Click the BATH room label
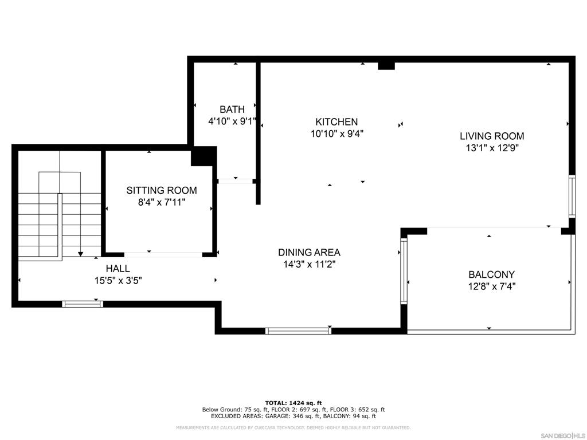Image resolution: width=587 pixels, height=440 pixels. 232,109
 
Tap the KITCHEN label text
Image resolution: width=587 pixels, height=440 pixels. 336,121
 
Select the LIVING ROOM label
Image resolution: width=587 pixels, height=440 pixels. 492,136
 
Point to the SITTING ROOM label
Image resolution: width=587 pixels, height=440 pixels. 162,190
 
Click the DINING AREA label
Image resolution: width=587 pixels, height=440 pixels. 309,252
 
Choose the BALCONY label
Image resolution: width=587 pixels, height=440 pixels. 491,274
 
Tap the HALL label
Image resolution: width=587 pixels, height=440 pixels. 118,268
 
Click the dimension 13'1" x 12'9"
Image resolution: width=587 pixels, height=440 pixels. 492,148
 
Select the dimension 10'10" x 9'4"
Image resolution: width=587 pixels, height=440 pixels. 337,133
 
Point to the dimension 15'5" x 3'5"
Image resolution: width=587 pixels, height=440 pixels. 118,280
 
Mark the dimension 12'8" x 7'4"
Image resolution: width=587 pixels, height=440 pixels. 491,286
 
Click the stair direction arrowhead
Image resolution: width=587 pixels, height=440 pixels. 80,254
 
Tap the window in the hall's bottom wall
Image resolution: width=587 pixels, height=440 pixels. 83,304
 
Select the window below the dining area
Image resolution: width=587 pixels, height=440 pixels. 298,331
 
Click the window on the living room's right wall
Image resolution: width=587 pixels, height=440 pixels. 572,196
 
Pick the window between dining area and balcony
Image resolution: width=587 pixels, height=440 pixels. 404,271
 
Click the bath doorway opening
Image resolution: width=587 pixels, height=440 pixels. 236,181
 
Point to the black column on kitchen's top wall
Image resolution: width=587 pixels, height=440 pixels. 386,66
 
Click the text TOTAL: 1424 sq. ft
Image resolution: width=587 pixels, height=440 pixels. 293,403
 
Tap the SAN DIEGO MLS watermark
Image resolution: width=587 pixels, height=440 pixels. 563,435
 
